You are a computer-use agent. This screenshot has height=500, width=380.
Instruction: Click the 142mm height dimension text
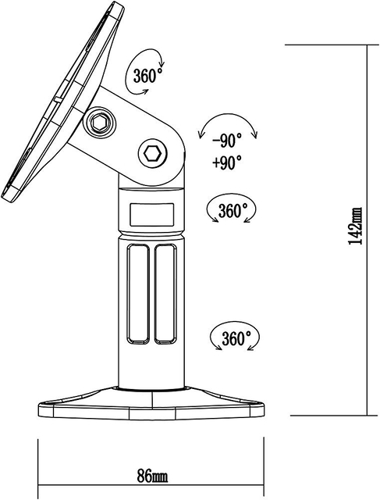(x=355, y=227)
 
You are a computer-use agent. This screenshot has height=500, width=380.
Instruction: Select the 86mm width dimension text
(x=153, y=476)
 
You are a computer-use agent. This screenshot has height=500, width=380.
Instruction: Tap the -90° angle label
(x=226, y=141)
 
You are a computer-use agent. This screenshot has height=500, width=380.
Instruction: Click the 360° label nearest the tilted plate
(x=148, y=77)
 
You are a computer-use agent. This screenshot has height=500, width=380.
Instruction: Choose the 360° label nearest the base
(x=235, y=339)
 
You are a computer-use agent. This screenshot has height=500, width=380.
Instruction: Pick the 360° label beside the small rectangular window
(x=233, y=211)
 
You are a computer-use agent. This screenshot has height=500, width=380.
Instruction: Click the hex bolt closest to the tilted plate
(x=100, y=123)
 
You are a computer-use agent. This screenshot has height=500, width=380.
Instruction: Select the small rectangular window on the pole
(x=151, y=212)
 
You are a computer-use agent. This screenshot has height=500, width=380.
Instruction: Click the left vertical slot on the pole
(x=138, y=294)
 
